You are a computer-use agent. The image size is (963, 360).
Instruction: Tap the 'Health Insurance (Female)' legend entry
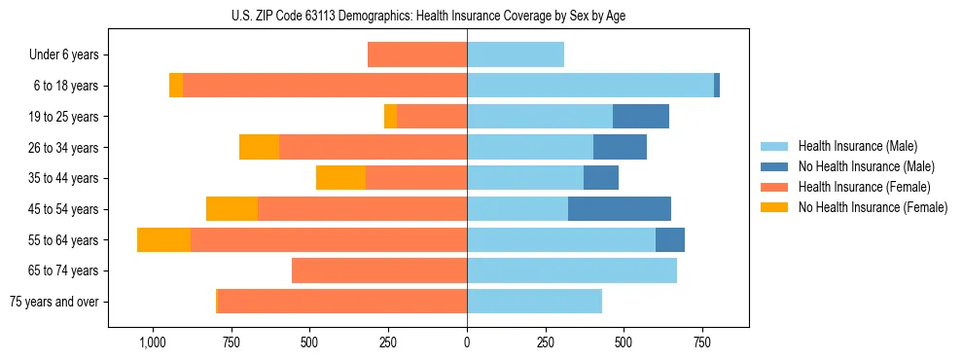pyautogui.click(x=864, y=187)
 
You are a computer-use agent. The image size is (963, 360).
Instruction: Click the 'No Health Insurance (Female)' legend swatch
pyautogui.click(x=775, y=207)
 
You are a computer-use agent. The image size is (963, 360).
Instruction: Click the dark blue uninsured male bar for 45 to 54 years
pyautogui.click(x=620, y=209)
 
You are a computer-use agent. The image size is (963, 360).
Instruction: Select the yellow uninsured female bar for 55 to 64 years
pyautogui.click(x=163, y=240)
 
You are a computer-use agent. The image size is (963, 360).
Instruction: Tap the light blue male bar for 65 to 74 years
pyautogui.click(x=572, y=270)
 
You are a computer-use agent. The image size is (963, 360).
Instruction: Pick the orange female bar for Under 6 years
pyautogui.click(x=417, y=55)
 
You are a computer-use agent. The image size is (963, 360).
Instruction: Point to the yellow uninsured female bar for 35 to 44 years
pyautogui.click(x=340, y=178)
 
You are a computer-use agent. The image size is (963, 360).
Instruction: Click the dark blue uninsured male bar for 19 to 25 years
pyautogui.click(x=641, y=117)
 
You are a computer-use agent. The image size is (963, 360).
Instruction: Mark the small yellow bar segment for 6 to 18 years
pyautogui.click(x=176, y=86)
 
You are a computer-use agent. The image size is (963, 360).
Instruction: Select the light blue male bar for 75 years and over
pyautogui.click(x=534, y=302)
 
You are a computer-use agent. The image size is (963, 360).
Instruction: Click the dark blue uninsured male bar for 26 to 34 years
pyautogui.click(x=620, y=148)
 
